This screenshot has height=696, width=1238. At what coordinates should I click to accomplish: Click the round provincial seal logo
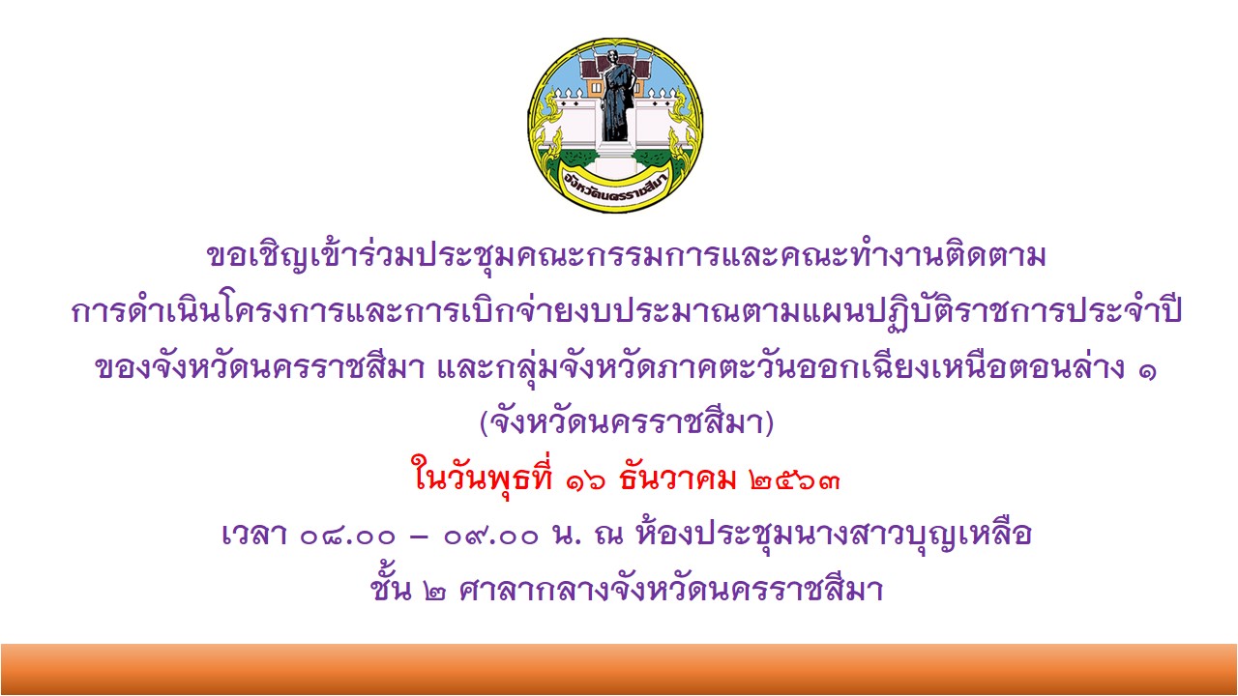pyautogui.click(x=616, y=126)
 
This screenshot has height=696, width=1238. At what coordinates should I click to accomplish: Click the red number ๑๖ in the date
pyautogui.click(x=585, y=480)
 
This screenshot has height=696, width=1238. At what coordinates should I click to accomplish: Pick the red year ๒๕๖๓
pyautogui.click(x=795, y=480)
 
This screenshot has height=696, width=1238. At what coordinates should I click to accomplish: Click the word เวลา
pyautogui.click(x=253, y=535)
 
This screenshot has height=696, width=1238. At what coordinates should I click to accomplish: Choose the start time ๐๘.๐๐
pyautogui.click(x=348, y=536)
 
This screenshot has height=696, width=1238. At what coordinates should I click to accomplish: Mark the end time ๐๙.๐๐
pyautogui.click(x=490, y=536)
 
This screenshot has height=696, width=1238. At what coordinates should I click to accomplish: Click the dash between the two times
pyautogui.click(x=420, y=536)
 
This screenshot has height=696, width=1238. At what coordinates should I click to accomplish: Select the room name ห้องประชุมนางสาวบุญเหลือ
pyautogui.click(x=834, y=533)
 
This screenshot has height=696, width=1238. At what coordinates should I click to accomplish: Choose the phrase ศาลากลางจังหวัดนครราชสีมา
pyautogui.click(x=671, y=588)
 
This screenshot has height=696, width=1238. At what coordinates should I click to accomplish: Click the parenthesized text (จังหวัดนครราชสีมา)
pyautogui.click(x=627, y=422)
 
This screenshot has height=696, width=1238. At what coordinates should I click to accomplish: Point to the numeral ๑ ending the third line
pyautogui.click(x=1147, y=370)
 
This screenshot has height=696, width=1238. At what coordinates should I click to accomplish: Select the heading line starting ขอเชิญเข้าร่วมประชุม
pyautogui.click(x=627, y=257)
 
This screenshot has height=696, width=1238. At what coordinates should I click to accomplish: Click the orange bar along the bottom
pyautogui.click(x=619, y=670)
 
